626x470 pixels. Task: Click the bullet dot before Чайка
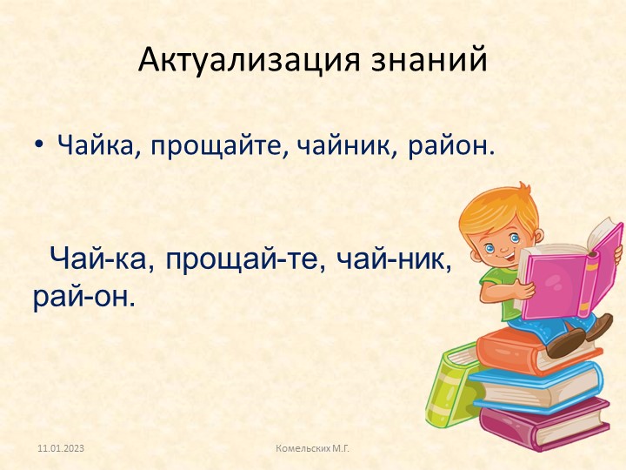pyautogui.click(x=40, y=144)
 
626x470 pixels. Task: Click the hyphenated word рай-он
pyautogui.click(x=84, y=298)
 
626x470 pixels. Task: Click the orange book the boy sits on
pyautogui.click(x=530, y=348)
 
